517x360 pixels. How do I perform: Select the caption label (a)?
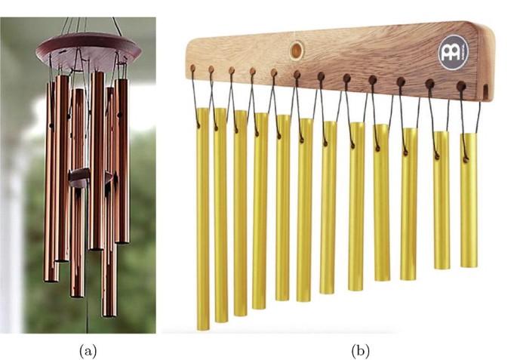[88, 349]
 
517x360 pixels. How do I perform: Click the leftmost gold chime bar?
[202, 219]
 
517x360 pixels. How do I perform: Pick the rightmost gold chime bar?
[469, 200]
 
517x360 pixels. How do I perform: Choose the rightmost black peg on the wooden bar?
[462, 85]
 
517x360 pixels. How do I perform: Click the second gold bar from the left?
[220, 215]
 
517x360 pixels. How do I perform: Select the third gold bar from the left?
[240, 213]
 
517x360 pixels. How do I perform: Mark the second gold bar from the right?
[442, 200]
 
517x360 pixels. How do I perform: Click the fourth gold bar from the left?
[260, 211]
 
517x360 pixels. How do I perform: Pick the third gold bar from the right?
[409, 203]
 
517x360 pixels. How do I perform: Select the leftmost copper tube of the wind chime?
[51, 181]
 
